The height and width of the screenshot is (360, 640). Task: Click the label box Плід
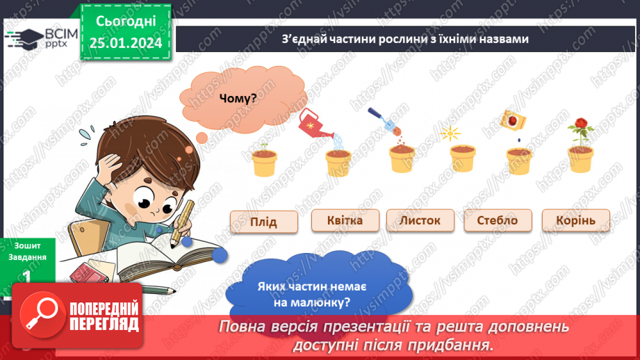(x=264, y=222)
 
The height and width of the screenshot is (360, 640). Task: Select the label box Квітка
(x=345, y=220)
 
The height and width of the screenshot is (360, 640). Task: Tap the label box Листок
(x=420, y=220)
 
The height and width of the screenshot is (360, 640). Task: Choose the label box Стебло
(x=498, y=221)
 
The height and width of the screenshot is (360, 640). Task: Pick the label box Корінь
(x=576, y=221)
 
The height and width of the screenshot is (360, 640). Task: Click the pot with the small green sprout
(x=264, y=160)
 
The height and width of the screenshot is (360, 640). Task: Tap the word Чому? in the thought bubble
(x=238, y=98)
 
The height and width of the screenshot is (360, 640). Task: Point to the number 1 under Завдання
(x=26, y=277)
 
